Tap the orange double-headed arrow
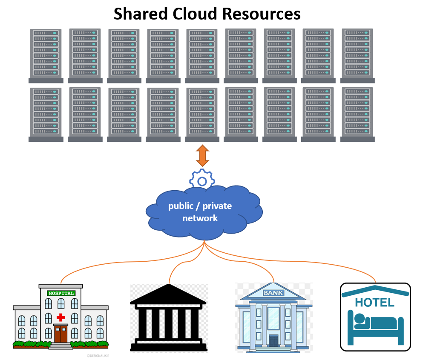[x=202, y=155]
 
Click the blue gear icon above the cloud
[x=202, y=181]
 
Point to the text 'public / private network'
[x=200, y=212]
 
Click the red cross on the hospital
[x=60, y=317]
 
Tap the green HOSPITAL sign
[x=61, y=293]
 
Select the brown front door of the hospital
[x=60, y=334]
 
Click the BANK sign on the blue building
[x=273, y=293]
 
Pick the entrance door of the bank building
[x=273, y=341]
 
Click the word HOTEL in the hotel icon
[x=374, y=303]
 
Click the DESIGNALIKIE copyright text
[x=98, y=355]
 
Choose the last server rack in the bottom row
[x=357, y=114]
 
